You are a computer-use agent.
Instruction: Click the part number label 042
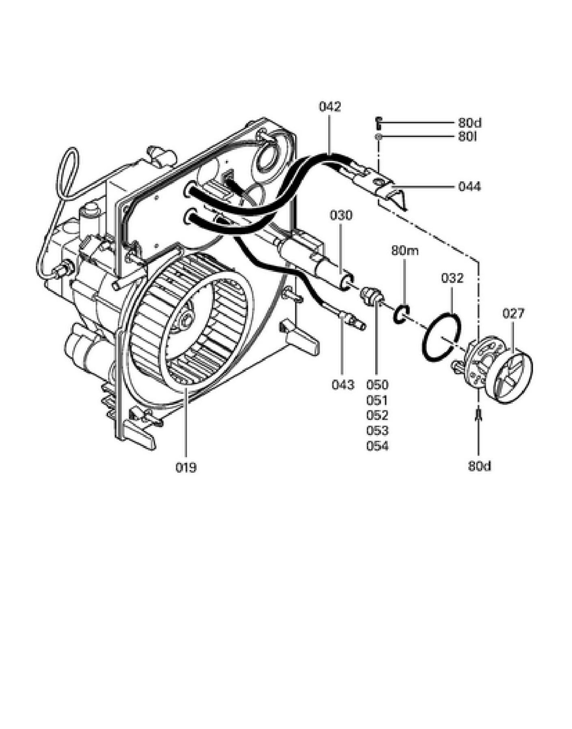330,107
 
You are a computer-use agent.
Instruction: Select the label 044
469,187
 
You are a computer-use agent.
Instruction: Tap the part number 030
341,215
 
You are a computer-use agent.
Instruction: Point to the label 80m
405,251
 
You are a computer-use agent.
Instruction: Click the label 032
452,278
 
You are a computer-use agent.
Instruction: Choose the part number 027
514,313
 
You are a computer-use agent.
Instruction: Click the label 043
343,385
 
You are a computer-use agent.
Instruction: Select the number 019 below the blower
186,468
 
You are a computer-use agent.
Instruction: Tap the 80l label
467,137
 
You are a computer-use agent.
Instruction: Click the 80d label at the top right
470,122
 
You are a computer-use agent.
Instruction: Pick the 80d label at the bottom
479,466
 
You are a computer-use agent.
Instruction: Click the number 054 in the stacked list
377,446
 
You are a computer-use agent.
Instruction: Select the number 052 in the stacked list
377,416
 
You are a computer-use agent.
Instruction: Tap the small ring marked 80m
394,316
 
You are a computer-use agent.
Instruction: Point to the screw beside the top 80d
378,122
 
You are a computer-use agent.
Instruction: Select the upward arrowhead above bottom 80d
479,414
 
